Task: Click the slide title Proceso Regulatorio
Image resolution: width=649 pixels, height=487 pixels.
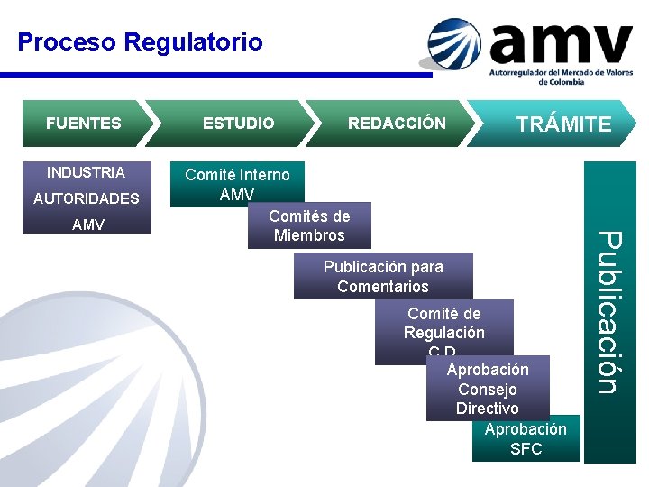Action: coord(140,42)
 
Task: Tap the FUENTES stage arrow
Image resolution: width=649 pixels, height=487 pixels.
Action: coord(83,124)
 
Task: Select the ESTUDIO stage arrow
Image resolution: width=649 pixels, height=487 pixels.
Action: coord(238,124)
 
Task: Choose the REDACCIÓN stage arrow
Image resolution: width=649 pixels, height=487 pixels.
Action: coord(397,124)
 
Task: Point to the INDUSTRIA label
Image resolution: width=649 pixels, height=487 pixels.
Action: coord(86,172)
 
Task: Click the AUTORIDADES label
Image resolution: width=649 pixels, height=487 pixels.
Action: coord(87,198)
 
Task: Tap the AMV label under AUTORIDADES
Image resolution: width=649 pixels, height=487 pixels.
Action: coord(87,225)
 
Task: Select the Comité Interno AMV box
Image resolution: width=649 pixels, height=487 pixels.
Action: coord(237,184)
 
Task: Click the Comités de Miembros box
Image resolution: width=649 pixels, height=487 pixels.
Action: coord(309,225)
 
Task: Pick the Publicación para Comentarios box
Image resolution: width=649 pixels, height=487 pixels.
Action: coord(383,276)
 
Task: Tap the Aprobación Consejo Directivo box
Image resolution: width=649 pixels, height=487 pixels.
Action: coord(488,390)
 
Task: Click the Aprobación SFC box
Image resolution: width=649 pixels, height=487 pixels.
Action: coord(526,439)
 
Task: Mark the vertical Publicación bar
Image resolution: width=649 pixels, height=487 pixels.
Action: coord(609,311)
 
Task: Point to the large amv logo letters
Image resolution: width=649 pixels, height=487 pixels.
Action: coord(561,42)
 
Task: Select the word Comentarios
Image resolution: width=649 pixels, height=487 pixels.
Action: coord(383,287)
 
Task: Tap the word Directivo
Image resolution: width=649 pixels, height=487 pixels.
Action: coord(488,409)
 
